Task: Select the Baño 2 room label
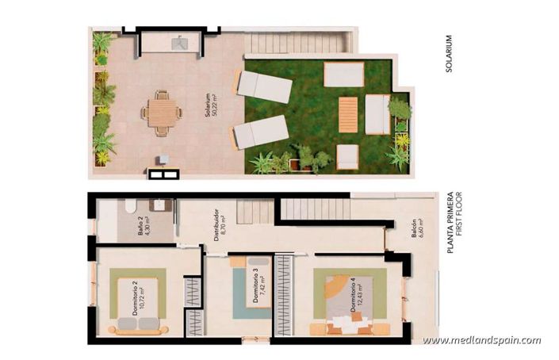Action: pos(144,231)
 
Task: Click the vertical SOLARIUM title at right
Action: pos(449,53)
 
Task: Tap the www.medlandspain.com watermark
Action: pos(481,340)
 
